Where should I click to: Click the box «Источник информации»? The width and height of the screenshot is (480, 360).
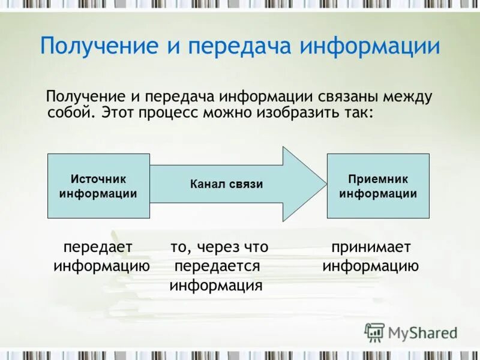pos(98,185)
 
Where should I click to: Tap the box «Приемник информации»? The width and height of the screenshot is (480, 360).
pos(378,185)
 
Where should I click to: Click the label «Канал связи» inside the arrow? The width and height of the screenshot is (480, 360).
pos(227,184)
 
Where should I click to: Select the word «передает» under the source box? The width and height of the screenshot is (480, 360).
pos(98,247)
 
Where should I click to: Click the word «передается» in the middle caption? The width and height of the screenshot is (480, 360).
pos(217,266)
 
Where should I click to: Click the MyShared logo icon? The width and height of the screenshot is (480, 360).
pos(375,332)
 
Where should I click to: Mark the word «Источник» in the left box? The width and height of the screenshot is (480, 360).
pos(98,179)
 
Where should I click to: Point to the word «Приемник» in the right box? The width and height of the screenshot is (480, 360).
pos(378,179)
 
